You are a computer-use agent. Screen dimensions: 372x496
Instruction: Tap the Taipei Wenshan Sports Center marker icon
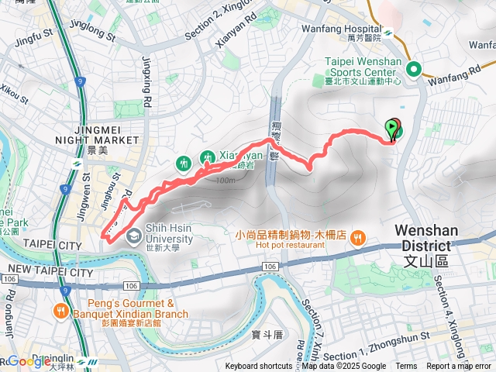coord(413,70)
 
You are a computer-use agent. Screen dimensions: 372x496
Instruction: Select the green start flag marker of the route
coord(392,128)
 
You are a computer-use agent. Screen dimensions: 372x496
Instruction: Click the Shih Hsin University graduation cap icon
coord(134,235)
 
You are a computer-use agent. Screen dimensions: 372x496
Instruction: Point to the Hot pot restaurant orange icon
coord(356,237)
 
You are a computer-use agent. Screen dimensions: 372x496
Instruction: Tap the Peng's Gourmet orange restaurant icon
coord(60,312)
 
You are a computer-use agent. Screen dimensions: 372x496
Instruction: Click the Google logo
coord(29,361)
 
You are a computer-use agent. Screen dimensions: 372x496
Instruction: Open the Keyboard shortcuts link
coord(259,367)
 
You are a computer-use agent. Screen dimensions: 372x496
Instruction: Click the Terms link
coord(406,367)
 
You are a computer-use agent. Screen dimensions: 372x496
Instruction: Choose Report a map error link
coord(460,367)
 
